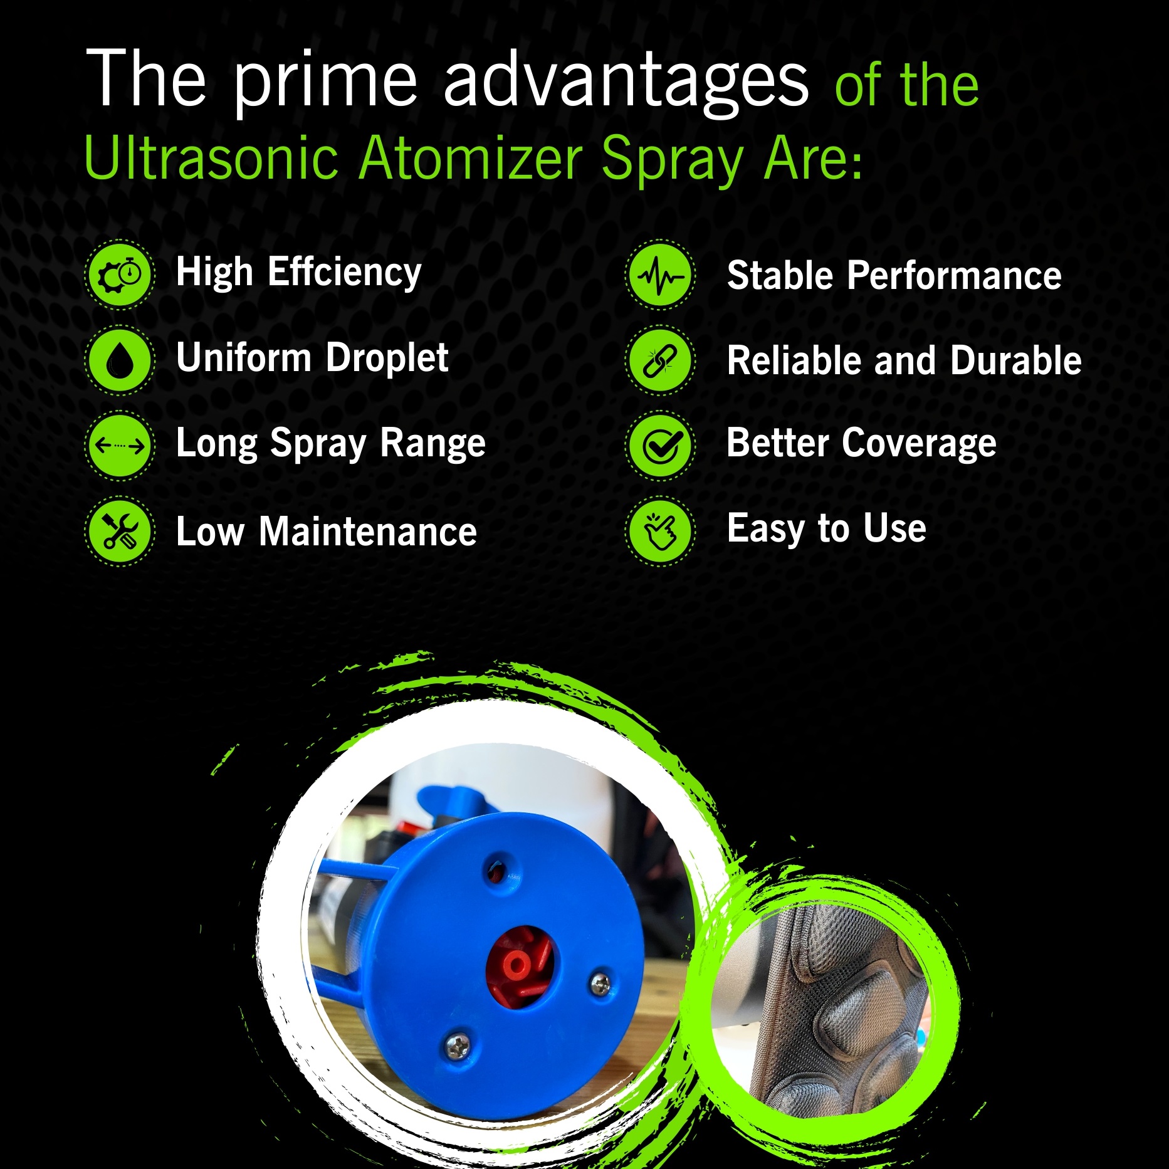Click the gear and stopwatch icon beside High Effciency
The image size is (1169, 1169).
pyautogui.click(x=120, y=275)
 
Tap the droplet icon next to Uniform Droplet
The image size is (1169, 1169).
pyautogui.click(x=120, y=360)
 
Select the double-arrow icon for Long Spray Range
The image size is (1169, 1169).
pyautogui.click(x=120, y=446)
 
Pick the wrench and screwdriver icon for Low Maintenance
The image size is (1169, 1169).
pyautogui.click(x=120, y=532)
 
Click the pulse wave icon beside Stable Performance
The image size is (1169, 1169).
pyautogui.click(x=660, y=275)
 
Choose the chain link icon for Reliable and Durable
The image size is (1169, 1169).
pyautogui.click(x=660, y=360)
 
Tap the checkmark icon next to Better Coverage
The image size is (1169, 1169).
pyautogui.click(x=660, y=446)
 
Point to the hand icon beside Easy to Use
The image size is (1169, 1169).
pyautogui.click(x=660, y=532)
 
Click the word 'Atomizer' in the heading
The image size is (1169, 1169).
pyautogui.click(x=471, y=158)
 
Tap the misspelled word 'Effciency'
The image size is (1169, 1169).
pyautogui.click(x=344, y=274)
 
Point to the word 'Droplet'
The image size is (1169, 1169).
pyautogui.click(x=387, y=359)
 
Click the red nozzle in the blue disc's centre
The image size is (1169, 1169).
pyautogui.click(x=520, y=967)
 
